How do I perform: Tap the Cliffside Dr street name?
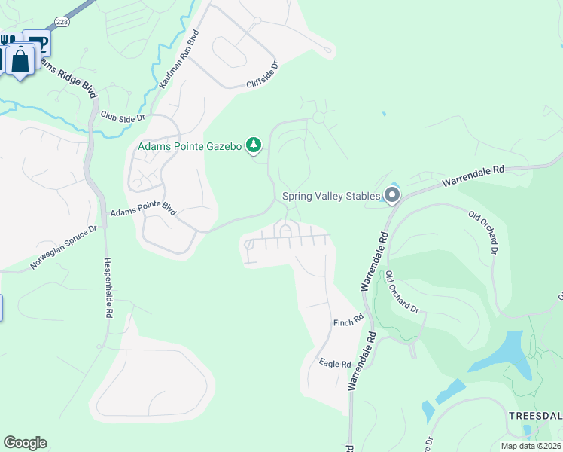tap(263, 75)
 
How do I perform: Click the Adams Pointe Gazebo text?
tap(190, 145)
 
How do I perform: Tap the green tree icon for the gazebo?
tap(254, 145)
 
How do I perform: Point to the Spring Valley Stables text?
tap(331, 197)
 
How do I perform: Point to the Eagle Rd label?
tap(336, 364)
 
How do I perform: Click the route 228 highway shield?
tap(62, 22)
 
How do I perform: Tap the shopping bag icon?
tap(21, 60)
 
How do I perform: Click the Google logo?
tap(25, 443)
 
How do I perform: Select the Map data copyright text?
tap(531, 446)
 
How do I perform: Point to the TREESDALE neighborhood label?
tap(535, 415)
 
